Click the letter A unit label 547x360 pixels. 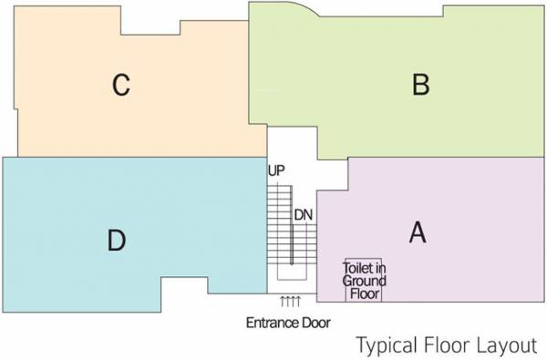(x=418, y=233)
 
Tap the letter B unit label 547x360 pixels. (x=420, y=85)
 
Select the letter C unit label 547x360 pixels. (x=121, y=86)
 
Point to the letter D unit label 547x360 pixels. (x=116, y=241)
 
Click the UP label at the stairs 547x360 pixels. (x=276, y=170)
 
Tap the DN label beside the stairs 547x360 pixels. (x=304, y=214)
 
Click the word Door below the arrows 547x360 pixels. (x=317, y=323)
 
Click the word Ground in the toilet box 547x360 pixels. (x=363, y=281)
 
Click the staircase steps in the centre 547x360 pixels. (x=277, y=228)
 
